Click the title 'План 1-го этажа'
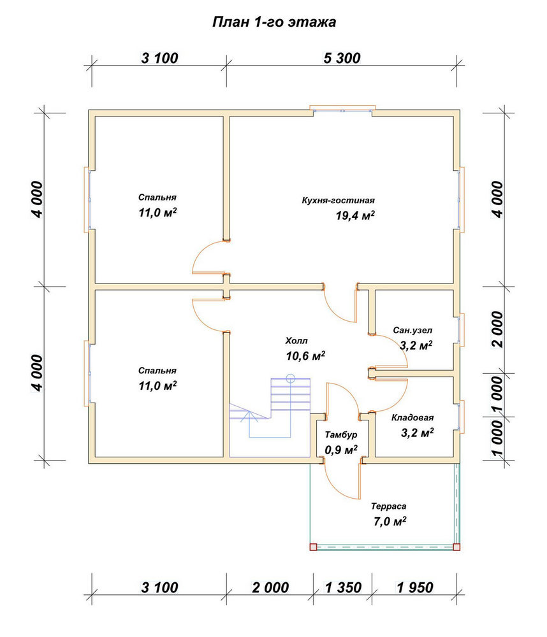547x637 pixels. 274,22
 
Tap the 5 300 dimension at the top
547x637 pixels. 342,58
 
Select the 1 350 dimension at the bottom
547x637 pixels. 343,587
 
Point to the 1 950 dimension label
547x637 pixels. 415,587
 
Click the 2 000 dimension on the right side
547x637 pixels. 497,329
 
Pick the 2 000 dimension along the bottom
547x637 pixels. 270,587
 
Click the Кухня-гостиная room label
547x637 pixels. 338,200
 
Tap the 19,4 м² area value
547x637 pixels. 355,215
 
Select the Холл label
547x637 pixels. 296,340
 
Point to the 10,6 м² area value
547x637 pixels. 305,356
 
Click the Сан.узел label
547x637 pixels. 412,330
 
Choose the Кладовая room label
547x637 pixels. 412,418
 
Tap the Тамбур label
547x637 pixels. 341,434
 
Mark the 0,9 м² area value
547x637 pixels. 341,450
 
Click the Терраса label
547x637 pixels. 388,506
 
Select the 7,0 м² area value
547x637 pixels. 390,521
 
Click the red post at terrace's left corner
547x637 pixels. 313,547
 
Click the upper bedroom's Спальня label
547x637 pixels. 157,197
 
